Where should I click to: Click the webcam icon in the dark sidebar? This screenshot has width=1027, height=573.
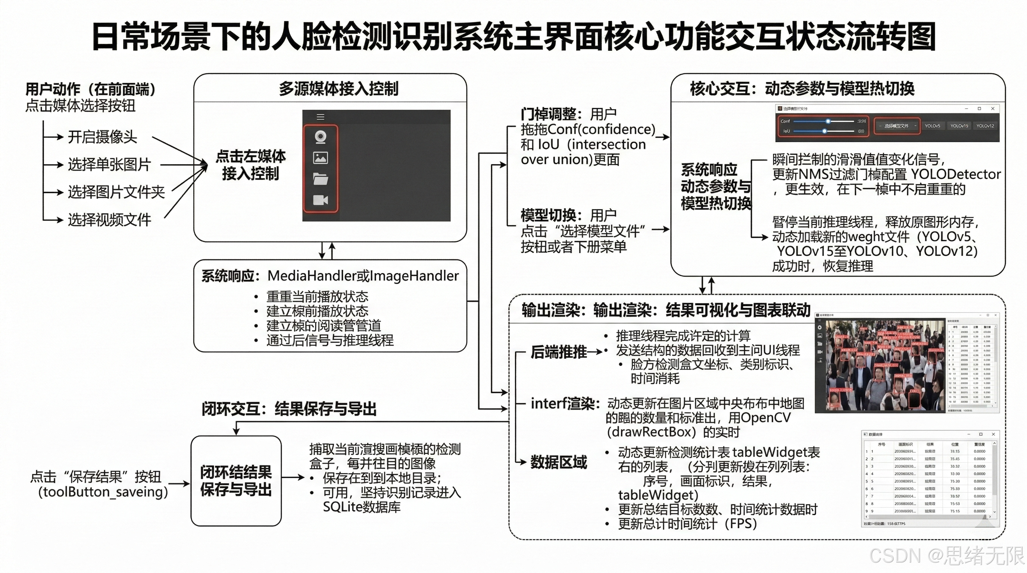coord(321,137)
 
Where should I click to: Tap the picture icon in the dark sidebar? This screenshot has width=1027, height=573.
coord(321,158)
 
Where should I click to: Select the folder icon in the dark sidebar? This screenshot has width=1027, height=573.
coord(321,179)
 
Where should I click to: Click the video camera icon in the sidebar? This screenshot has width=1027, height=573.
coord(321,200)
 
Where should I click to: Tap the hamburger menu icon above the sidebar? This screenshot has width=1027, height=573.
coord(321,117)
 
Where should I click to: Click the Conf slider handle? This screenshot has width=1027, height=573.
coord(828,121)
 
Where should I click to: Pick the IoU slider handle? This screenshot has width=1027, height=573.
coord(824,131)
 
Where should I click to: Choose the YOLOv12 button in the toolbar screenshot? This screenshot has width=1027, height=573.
coord(985,126)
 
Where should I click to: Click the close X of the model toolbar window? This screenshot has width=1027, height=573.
coord(993,109)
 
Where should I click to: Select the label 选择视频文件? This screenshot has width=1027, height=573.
coord(109,220)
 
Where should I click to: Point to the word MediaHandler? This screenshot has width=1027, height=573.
coord(311,276)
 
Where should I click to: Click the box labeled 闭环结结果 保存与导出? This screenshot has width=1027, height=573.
coord(236,480)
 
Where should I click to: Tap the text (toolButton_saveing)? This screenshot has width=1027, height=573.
coord(103,492)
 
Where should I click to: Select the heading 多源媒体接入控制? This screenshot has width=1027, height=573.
coord(338,88)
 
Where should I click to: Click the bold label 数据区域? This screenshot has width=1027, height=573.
coord(558,462)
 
